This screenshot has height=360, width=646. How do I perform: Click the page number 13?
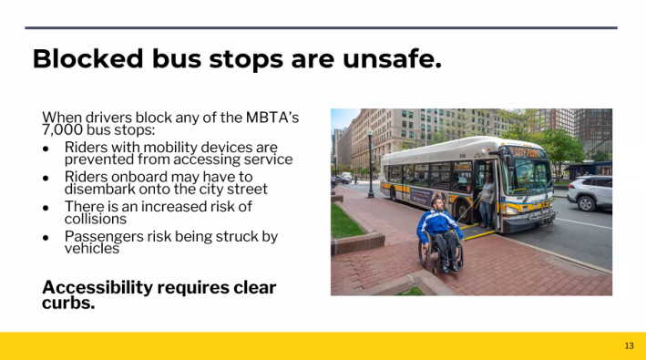point(629,345)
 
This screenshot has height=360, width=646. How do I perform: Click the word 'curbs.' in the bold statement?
point(68,303)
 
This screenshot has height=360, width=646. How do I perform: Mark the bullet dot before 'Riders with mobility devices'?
point(46,147)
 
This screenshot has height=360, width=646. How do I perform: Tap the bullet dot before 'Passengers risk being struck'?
point(46,236)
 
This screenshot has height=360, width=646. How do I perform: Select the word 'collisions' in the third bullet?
point(96,219)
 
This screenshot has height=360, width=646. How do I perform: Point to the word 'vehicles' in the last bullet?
point(91,248)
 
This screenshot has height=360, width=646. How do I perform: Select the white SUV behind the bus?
point(590,192)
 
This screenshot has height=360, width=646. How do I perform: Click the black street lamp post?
point(370,164)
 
